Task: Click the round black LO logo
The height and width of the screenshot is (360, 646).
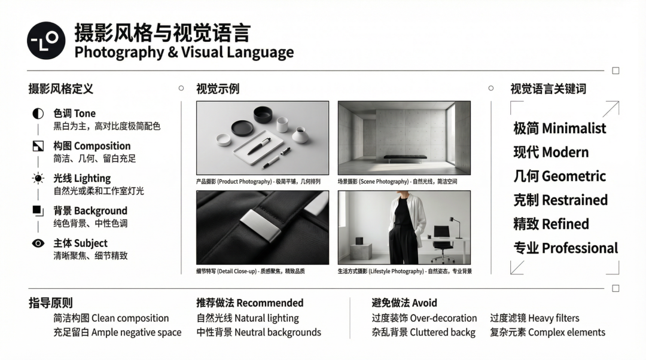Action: [x=46, y=41]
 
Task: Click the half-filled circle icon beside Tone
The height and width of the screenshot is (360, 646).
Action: [x=38, y=114]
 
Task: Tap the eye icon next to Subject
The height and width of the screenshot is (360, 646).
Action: [x=38, y=243]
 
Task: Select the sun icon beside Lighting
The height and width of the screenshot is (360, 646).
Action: [x=38, y=178]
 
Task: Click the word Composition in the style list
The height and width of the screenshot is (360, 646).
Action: [x=102, y=147]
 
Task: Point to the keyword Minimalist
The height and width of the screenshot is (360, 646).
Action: [x=574, y=129]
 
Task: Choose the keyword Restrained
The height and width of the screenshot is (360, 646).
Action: [x=575, y=200]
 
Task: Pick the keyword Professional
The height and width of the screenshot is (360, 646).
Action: [x=580, y=248]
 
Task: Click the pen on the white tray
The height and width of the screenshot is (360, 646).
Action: [x=259, y=146]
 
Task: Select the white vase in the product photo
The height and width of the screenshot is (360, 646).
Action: [x=300, y=135]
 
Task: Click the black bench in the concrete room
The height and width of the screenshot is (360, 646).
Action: [x=404, y=158]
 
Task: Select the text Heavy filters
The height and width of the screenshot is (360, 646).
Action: [x=553, y=318]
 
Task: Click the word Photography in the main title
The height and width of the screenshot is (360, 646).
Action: [x=120, y=53]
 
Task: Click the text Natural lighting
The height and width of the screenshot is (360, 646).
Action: [x=267, y=318]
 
